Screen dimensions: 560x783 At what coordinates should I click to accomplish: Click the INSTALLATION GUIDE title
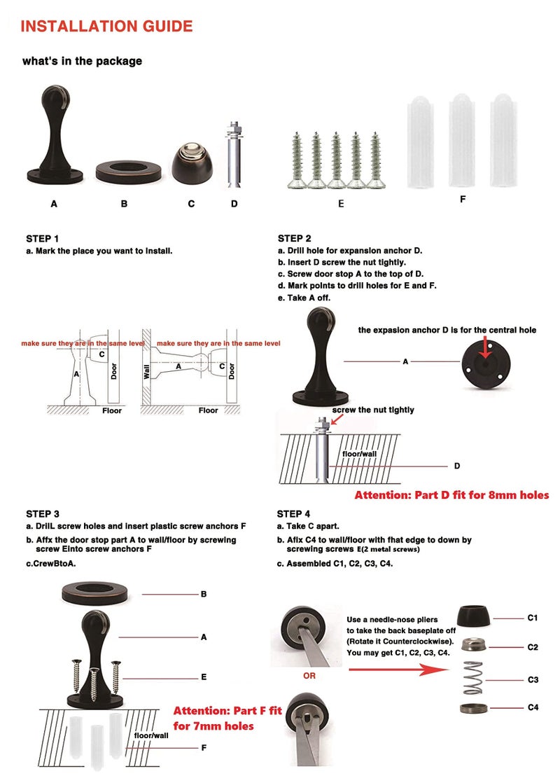tap(106, 26)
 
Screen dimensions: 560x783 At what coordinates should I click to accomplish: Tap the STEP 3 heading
tap(43, 514)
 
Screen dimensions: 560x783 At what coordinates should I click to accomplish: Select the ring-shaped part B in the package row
tap(129, 172)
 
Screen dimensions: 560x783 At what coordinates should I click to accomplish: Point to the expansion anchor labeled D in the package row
tap(234, 155)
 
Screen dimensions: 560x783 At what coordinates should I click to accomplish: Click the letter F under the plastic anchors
tap(463, 199)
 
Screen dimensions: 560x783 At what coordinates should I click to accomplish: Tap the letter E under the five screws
tap(341, 204)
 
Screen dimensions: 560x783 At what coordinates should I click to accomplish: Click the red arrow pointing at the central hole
tap(486, 347)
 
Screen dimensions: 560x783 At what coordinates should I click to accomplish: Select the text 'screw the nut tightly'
tap(373, 410)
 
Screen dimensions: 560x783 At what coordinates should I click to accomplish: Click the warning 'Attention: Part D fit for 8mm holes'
tap(451, 495)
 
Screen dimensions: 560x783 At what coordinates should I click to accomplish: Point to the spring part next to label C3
tap(473, 678)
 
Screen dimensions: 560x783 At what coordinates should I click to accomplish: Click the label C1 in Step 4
tap(533, 618)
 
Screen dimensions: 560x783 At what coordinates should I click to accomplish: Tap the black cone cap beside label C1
tap(473, 616)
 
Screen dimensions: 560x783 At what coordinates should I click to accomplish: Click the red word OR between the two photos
tap(309, 676)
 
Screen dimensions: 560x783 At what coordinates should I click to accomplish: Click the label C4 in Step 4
tap(533, 707)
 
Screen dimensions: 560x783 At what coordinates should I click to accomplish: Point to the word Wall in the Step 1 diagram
tap(147, 372)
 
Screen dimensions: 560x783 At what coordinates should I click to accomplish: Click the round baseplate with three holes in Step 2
tap(486, 363)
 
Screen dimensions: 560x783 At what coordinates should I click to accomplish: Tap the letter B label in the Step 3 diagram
tap(204, 594)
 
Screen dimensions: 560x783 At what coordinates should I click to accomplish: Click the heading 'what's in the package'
tap(83, 61)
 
